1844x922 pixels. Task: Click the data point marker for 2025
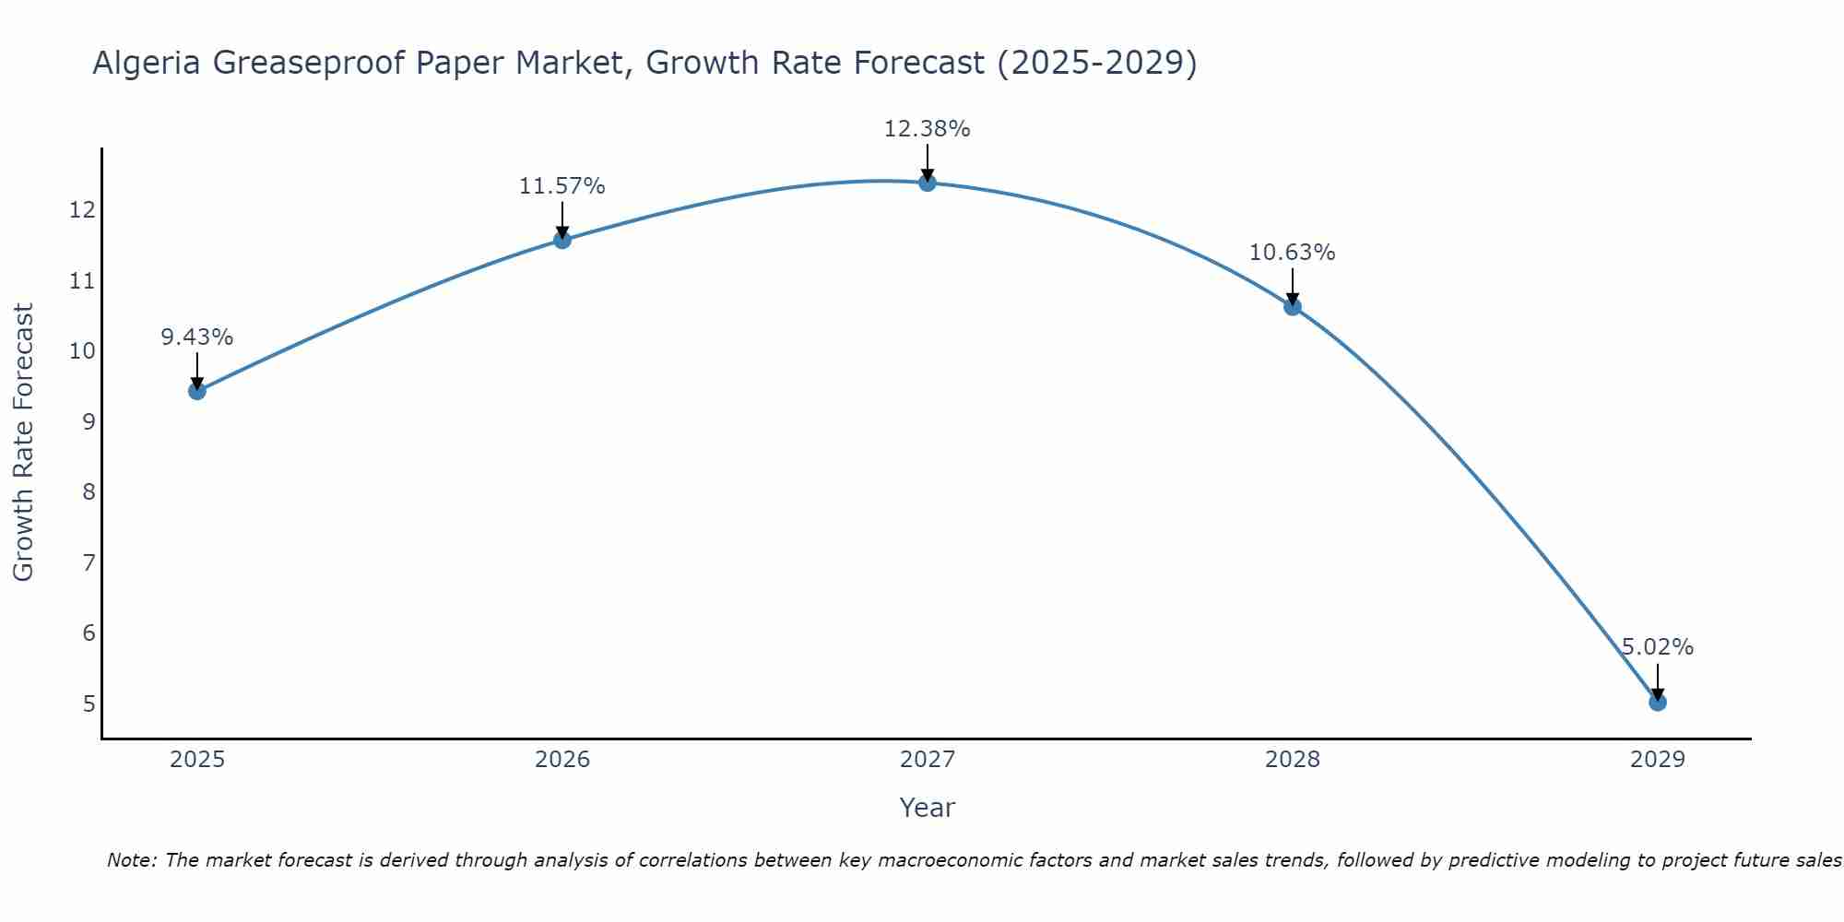(196, 391)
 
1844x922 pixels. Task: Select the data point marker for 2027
(928, 183)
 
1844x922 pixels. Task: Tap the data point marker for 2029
(1658, 703)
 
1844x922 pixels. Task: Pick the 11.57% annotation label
(561, 186)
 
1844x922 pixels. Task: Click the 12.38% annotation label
(927, 129)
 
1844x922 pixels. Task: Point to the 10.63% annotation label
(1292, 253)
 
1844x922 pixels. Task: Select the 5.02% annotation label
(1658, 647)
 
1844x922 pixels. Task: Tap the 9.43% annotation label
(196, 337)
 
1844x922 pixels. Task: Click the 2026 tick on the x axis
(562, 760)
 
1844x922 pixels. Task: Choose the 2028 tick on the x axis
(1293, 760)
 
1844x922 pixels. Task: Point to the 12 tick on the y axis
(82, 210)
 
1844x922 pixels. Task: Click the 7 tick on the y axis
(89, 562)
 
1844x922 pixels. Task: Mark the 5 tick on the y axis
(89, 704)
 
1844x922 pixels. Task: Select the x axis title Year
(927, 808)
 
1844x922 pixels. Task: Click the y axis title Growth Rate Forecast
(23, 443)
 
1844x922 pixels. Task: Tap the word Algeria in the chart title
(147, 63)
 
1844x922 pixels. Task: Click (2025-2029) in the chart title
(1097, 63)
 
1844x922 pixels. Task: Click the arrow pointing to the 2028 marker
(1293, 287)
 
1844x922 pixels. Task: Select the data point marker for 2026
(562, 240)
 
